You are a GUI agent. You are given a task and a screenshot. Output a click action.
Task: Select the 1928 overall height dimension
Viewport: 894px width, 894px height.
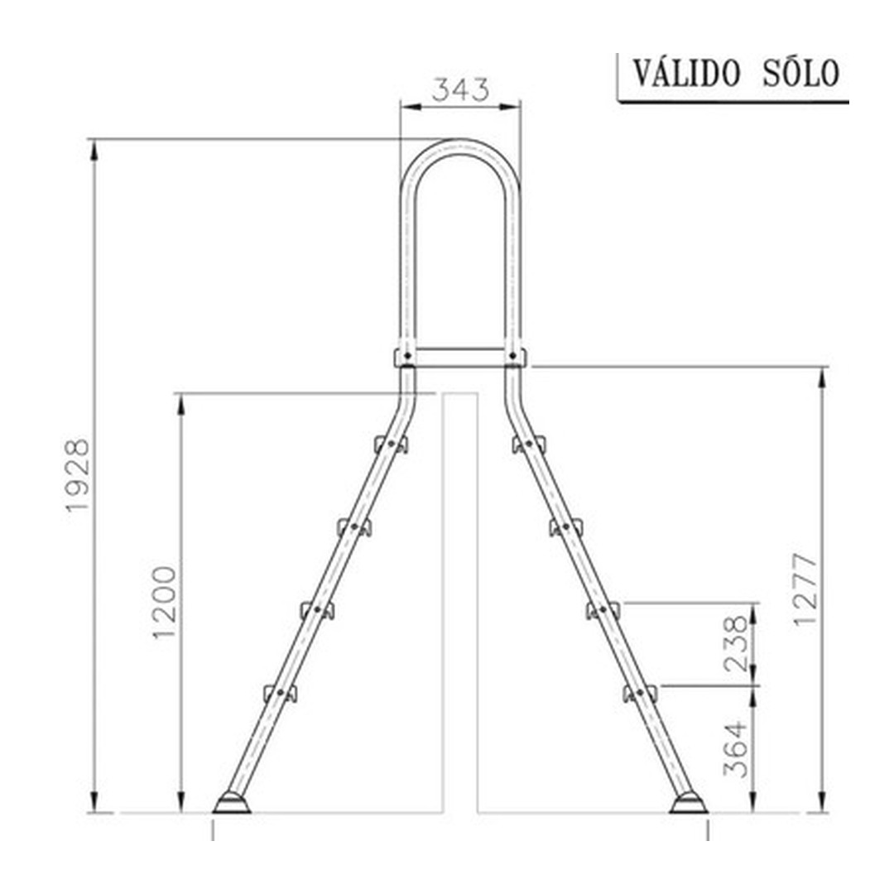pyautogui.click(x=79, y=476)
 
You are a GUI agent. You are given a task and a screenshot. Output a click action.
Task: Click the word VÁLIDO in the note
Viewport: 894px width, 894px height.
pyautogui.click(x=687, y=74)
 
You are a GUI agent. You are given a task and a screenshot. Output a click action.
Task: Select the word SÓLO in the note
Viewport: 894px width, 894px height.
pyautogui.click(x=799, y=74)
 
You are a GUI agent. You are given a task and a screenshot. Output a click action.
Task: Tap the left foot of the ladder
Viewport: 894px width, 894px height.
pyautogui.click(x=232, y=803)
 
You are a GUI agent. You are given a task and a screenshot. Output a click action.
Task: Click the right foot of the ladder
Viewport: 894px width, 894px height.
pyautogui.click(x=688, y=803)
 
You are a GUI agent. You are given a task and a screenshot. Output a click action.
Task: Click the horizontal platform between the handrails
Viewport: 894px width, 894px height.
pyautogui.click(x=460, y=357)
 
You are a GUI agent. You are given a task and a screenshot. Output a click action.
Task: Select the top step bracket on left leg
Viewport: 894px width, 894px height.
pyautogui.click(x=392, y=445)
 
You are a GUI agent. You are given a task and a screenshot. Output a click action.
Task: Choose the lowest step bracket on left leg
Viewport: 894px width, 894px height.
pyautogui.click(x=280, y=693)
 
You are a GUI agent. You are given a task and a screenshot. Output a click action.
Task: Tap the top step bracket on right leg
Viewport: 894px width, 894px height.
pyautogui.click(x=528, y=445)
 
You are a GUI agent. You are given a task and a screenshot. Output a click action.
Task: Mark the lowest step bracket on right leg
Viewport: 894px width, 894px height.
pyautogui.click(x=640, y=693)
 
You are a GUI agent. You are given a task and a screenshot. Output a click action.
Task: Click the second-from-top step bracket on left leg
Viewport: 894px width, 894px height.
pyautogui.click(x=354, y=526)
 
